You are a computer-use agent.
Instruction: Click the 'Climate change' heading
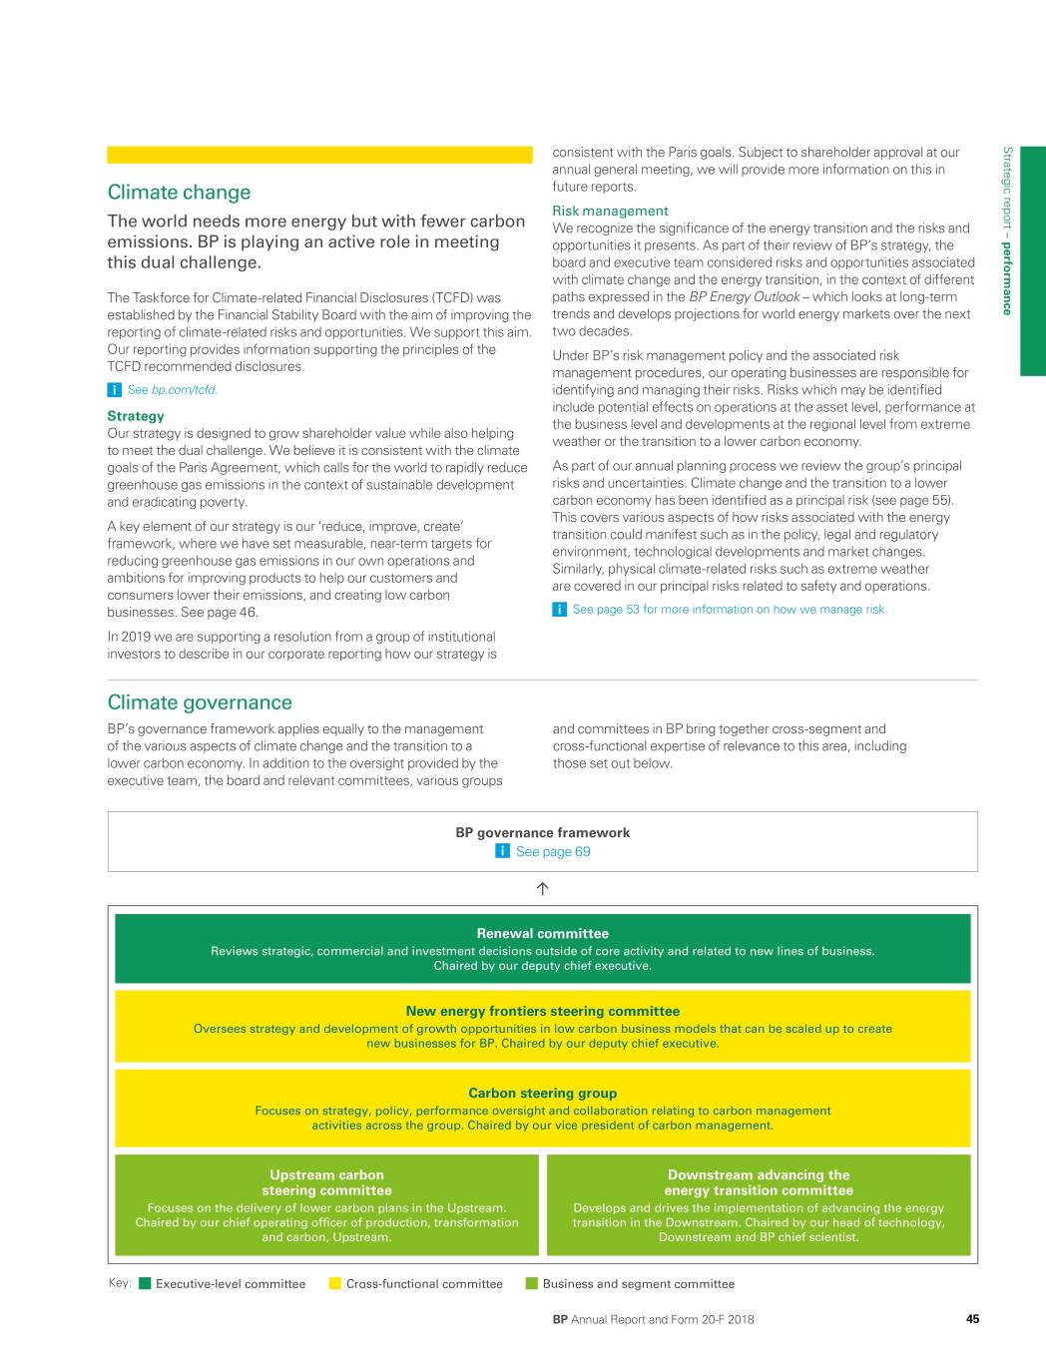179,193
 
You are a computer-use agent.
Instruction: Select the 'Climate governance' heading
200,702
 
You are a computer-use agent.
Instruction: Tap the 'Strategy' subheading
136,416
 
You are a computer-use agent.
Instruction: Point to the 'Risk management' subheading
610,211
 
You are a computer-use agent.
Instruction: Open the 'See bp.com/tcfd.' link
172,390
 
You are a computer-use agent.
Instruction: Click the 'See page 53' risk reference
729,610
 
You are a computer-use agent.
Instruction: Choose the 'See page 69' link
552,852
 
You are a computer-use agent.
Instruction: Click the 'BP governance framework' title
542,832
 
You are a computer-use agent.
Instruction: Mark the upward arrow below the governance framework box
543,888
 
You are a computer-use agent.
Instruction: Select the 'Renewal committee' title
542,934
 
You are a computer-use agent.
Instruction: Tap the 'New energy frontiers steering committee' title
542,1011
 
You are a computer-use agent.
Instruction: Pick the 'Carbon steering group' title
542,1093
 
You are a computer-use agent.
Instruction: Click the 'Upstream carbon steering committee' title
326,1182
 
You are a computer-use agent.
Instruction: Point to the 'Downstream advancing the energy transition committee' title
759,1182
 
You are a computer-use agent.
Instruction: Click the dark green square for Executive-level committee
145,1284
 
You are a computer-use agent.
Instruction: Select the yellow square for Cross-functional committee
335,1284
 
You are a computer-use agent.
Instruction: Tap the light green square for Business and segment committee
532,1284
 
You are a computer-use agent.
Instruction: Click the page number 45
972,1319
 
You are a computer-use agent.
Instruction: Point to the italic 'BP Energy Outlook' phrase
744,297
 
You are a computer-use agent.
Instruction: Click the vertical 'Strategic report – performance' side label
1007,230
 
